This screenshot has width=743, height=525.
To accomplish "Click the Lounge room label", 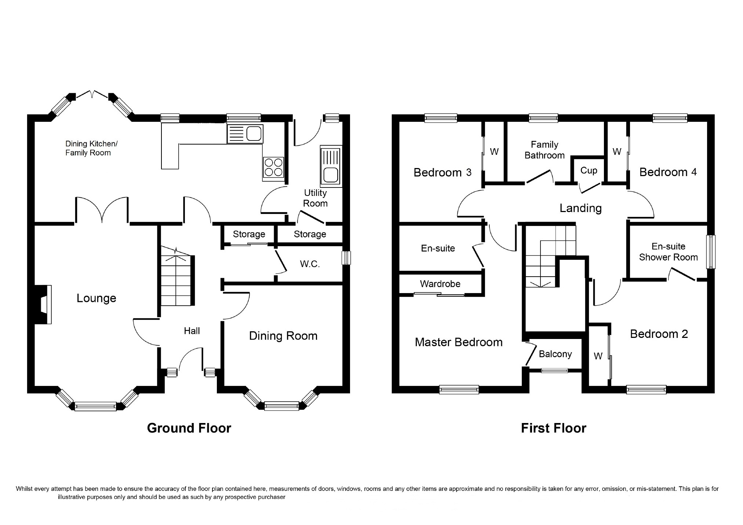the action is coord(96,298).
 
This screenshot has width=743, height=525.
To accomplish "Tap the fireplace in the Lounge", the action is coord(43,305).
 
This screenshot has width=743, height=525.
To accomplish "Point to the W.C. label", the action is coord(310,264).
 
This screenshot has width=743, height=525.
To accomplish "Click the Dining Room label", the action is coord(283,336).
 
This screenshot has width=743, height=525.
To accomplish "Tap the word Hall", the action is coord(192,331).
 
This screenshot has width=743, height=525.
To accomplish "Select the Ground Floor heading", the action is coord(189,428).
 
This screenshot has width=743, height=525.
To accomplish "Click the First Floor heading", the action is coord(554,428).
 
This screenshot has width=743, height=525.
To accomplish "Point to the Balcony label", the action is coord(555,354).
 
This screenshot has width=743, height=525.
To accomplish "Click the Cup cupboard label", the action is coord(589,171).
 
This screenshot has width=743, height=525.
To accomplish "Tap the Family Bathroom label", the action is coord(544,150).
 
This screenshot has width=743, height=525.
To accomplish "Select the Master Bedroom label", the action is coord(459,342).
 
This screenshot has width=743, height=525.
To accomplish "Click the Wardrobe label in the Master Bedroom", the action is coord(440,284).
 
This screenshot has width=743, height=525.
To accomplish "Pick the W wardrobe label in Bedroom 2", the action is coord(598,356).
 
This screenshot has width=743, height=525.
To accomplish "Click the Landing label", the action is coord(580,208).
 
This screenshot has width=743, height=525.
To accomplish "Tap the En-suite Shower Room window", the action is coord(711,252).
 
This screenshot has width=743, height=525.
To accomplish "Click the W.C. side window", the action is coord(346,258).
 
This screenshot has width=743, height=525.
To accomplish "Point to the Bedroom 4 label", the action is coord(668,172).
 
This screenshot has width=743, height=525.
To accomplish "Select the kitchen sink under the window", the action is coord(245,134).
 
